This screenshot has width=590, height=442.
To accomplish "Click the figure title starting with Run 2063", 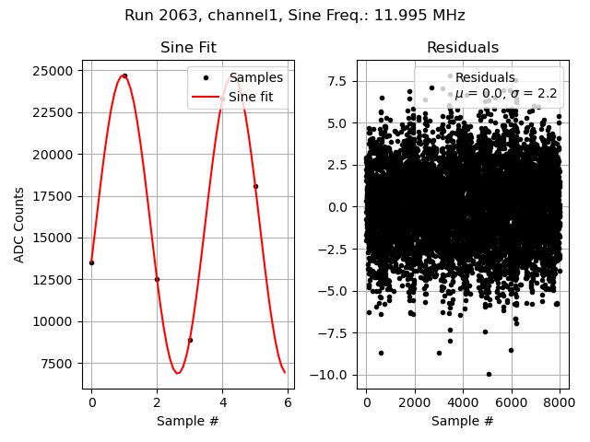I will [295, 16].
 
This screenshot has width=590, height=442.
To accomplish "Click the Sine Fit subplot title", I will [189, 48].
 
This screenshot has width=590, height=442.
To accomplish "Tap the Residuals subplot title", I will [462, 48].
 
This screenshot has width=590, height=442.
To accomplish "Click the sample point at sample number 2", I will [157, 279].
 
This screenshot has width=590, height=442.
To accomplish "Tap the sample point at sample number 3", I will [190, 340].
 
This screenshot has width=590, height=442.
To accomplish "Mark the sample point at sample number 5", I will [255, 186].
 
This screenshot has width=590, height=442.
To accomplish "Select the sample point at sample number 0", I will [91, 262].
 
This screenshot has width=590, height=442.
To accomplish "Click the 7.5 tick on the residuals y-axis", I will [341, 81].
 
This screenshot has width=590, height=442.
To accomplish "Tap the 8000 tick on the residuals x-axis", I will [560, 403].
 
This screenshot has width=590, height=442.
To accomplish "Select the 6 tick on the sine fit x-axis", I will [288, 403].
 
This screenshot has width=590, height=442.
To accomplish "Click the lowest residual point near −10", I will [489, 374].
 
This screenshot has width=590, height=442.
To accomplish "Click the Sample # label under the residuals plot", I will [462, 421].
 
